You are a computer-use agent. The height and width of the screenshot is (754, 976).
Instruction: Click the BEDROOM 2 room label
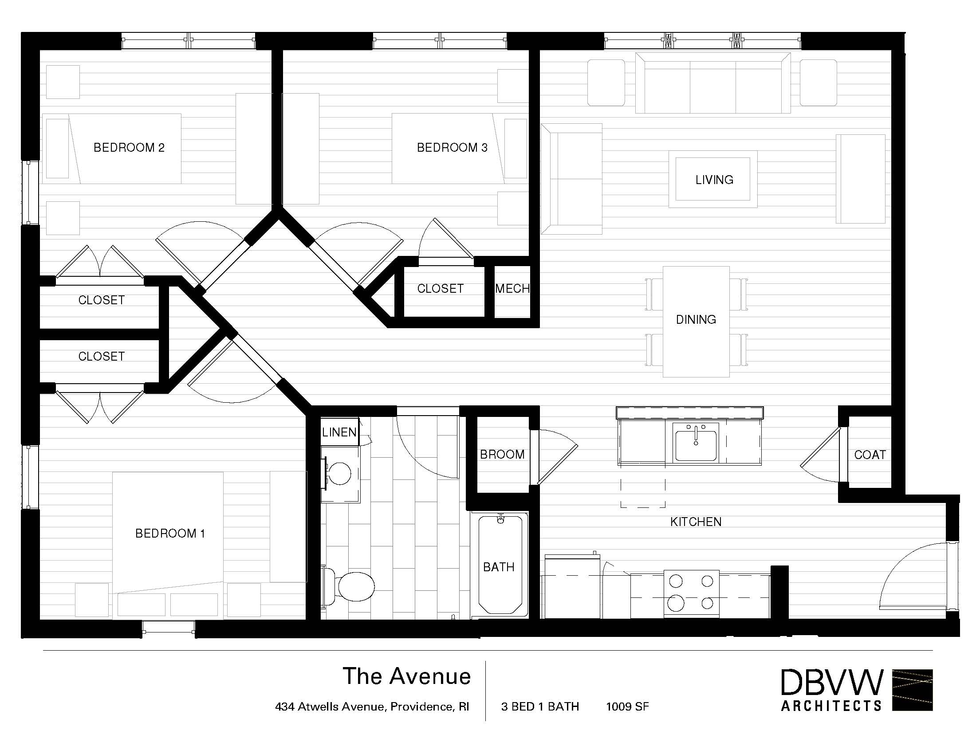tap(129, 147)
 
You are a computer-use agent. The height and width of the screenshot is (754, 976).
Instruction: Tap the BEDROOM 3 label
tap(452, 147)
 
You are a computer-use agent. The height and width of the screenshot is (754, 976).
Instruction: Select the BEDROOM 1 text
tap(170, 533)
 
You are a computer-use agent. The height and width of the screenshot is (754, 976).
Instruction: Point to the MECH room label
tap(512, 289)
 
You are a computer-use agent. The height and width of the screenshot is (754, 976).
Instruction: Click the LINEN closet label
tap(339, 432)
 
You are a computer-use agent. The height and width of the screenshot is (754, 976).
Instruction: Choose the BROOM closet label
tap(502, 454)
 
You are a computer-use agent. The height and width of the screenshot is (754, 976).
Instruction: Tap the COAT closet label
tap(870, 455)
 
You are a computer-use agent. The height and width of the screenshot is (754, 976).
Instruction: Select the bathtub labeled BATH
tap(500, 565)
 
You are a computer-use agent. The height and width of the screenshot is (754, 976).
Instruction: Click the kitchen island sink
tap(696, 443)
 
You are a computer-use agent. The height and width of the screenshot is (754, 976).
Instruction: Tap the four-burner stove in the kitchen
tap(691, 593)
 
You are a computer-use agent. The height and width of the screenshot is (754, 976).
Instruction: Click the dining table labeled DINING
tap(696, 322)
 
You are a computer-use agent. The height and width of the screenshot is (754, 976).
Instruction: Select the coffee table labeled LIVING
tap(713, 179)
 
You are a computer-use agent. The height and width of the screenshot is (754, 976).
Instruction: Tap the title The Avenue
tap(407, 676)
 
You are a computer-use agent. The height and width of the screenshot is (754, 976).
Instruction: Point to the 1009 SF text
tap(627, 706)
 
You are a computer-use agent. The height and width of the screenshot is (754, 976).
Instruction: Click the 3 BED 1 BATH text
tap(540, 706)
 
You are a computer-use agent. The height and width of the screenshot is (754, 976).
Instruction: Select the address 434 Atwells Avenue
tap(372, 707)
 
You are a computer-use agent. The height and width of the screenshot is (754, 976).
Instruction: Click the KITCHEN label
tap(696, 522)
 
